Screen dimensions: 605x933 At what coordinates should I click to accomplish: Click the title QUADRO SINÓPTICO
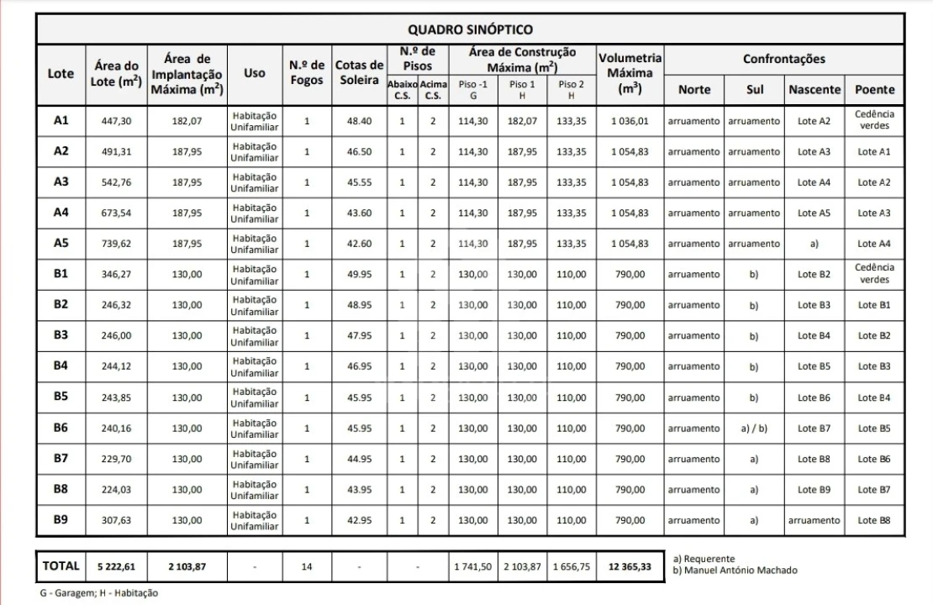click(470, 30)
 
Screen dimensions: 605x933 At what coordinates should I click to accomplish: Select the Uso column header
click(255, 73)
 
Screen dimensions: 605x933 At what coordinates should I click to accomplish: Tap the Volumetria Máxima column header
click(630, 73)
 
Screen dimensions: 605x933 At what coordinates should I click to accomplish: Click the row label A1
click(61, 120)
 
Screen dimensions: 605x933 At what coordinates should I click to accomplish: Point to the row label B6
click(61, 428)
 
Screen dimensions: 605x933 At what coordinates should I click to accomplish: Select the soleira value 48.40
click(359, 120)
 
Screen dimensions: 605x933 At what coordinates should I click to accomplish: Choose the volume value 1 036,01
click(630, 120)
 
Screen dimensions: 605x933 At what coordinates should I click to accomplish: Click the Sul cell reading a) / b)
click(754, 428)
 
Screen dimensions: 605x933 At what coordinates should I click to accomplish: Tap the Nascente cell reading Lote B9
click(814, 489)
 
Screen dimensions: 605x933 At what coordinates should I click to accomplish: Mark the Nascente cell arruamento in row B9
click(814, 520)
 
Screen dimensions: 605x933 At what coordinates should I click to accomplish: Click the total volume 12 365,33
click(630, 567)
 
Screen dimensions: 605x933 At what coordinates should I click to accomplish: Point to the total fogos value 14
click(307, 567)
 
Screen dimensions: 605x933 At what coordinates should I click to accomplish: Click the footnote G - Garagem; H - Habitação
click(98, 593)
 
